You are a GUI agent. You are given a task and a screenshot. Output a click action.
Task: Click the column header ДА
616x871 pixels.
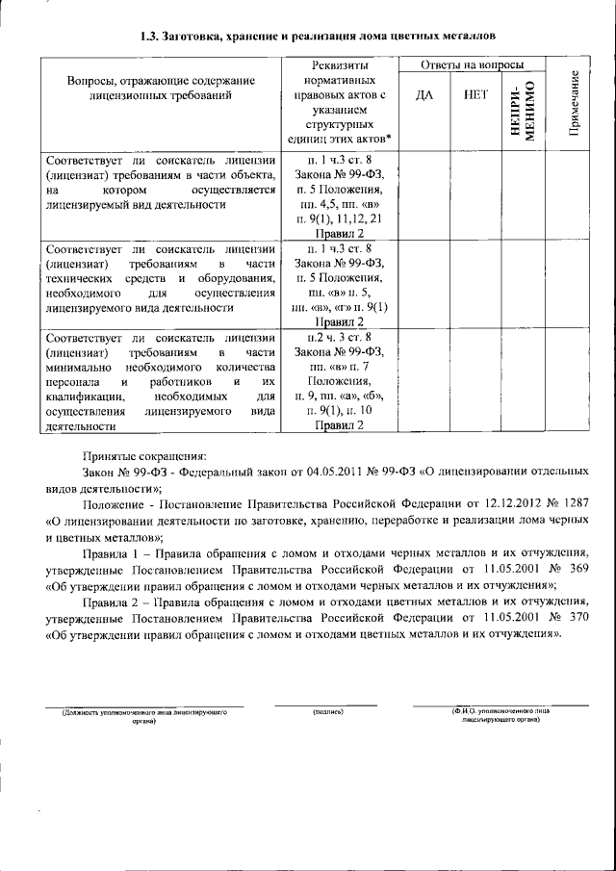pyautogui.click(x=424, y=95)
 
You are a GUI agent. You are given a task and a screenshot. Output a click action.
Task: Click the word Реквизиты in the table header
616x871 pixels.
pyautogui.click(x=341, y=64)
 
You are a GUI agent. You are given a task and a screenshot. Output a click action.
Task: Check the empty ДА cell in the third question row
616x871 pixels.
pyautogui.click(x=424, y=380)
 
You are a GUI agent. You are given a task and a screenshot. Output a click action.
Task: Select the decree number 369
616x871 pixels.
pyautogui.click(x=573, y=568)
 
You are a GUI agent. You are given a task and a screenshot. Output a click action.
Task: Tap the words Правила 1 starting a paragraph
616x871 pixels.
pyautogui.click(x=108, y=552)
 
